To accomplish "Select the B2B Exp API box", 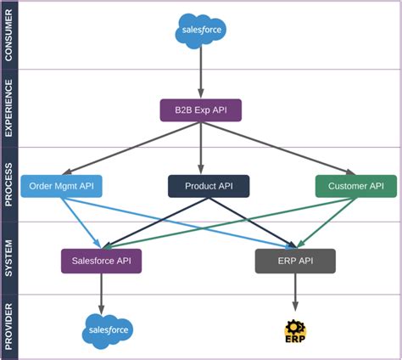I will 201,110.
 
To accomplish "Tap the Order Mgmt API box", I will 60,186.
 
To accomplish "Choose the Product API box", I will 209,186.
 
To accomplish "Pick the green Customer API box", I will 355,186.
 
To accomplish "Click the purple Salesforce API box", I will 101,261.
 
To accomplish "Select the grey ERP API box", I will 295,261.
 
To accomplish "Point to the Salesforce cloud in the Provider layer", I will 108,330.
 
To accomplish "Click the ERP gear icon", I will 295,330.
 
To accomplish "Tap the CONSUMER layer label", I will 9,36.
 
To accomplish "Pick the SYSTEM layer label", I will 9,257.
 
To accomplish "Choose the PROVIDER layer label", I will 9,327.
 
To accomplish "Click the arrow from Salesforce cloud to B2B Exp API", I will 201,72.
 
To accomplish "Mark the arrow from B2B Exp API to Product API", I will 201,149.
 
